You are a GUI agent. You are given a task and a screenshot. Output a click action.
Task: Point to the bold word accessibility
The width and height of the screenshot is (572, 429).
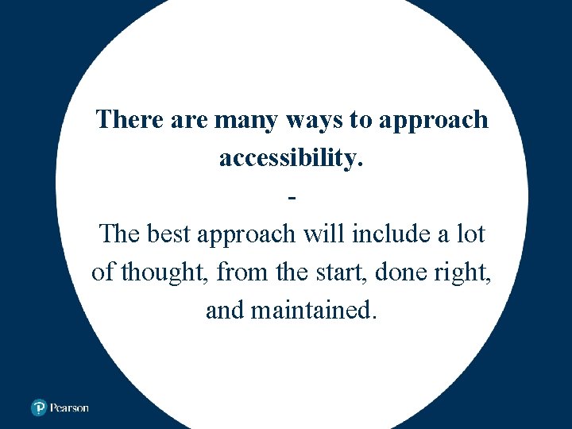[291, 158]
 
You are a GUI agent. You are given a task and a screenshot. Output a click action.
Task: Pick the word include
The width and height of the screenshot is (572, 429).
[385, 234]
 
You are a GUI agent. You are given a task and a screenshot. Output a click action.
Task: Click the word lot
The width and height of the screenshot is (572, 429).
[471, 234]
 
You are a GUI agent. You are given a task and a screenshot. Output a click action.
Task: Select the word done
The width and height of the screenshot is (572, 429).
[402, 272]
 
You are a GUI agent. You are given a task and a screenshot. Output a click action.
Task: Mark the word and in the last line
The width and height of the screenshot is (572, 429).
[224, 310]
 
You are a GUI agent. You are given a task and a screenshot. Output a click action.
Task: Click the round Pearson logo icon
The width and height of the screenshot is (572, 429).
[38, 408]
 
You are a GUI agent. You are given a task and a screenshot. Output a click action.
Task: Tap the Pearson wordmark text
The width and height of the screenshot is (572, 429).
[69, 408]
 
